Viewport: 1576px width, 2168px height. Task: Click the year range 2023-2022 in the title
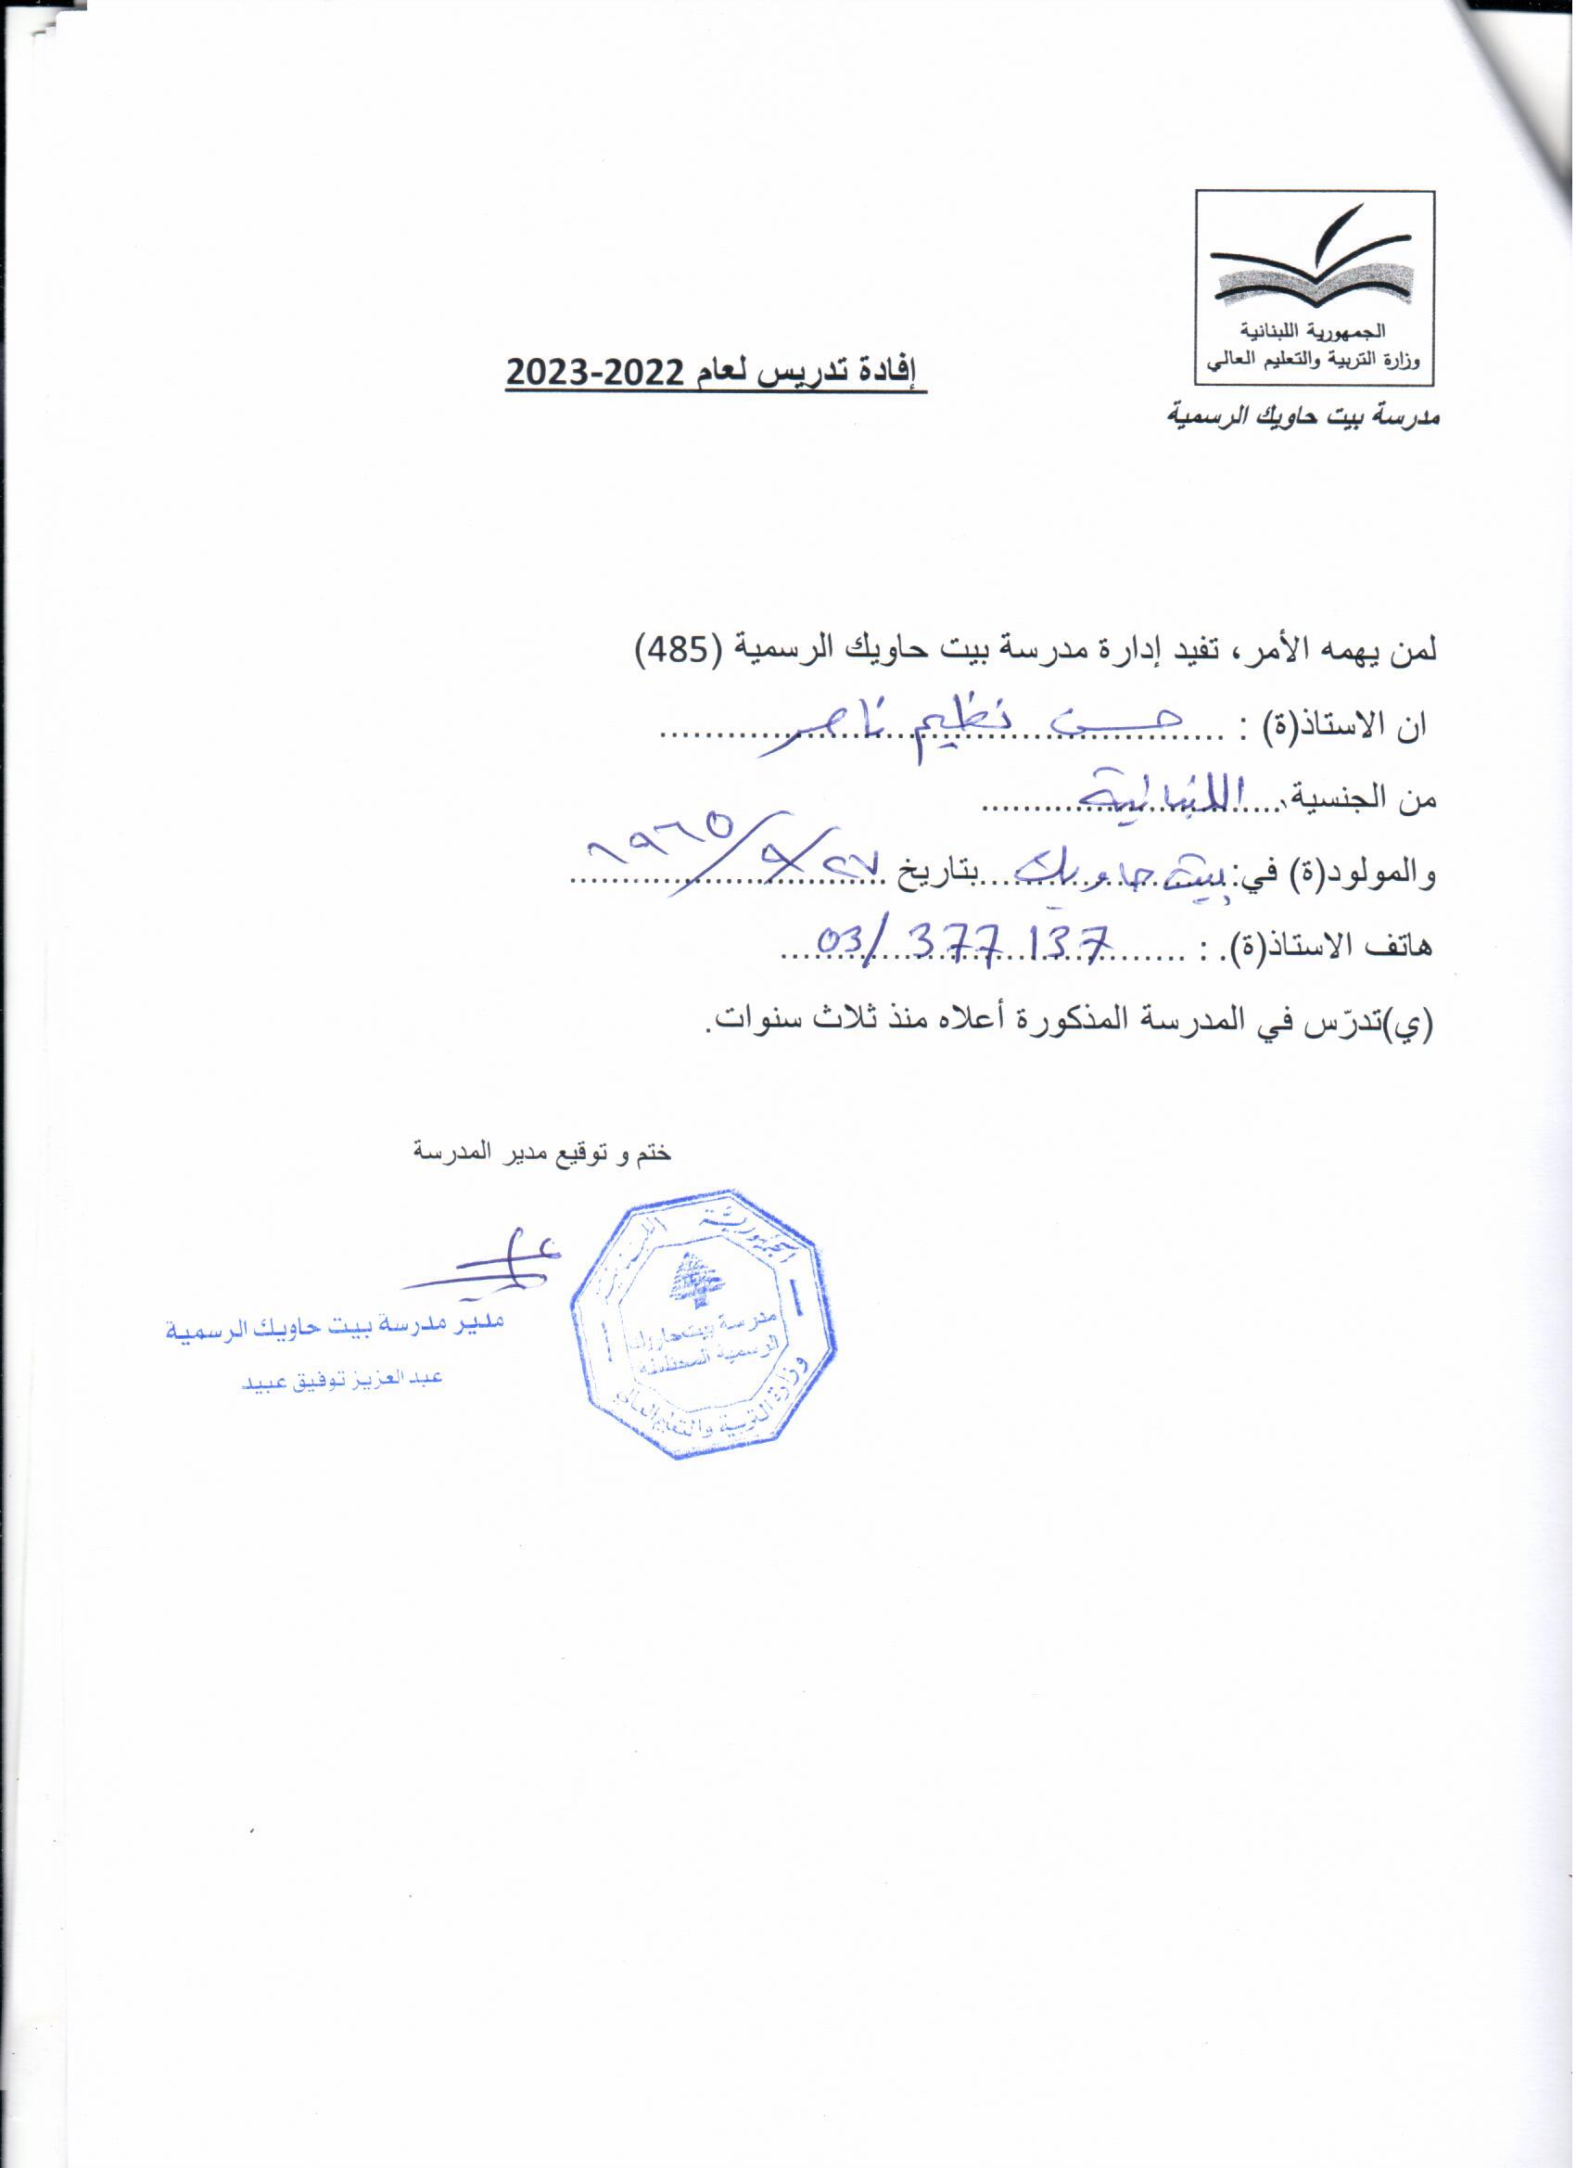(x=593, y=372)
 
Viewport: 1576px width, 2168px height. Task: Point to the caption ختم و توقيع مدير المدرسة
(x=542, y=1154)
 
